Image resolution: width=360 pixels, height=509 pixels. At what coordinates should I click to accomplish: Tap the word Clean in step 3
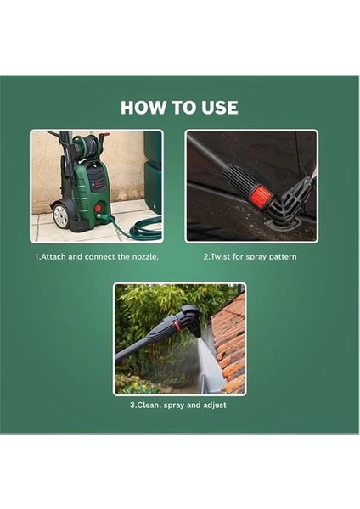148,406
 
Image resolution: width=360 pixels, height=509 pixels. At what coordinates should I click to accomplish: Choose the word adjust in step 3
215,406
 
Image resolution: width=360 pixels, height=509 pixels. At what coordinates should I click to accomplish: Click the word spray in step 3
174,406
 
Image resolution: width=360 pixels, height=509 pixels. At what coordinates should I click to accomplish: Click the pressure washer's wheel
60,215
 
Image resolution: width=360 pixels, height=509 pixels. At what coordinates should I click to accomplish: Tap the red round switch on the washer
97,209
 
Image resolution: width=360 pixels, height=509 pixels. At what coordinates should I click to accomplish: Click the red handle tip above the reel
104,135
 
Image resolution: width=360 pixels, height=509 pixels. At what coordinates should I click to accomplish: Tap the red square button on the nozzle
262,196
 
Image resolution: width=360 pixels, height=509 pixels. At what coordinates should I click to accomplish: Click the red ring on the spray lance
177,324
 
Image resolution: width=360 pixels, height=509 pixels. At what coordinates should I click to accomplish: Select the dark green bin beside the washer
153,172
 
